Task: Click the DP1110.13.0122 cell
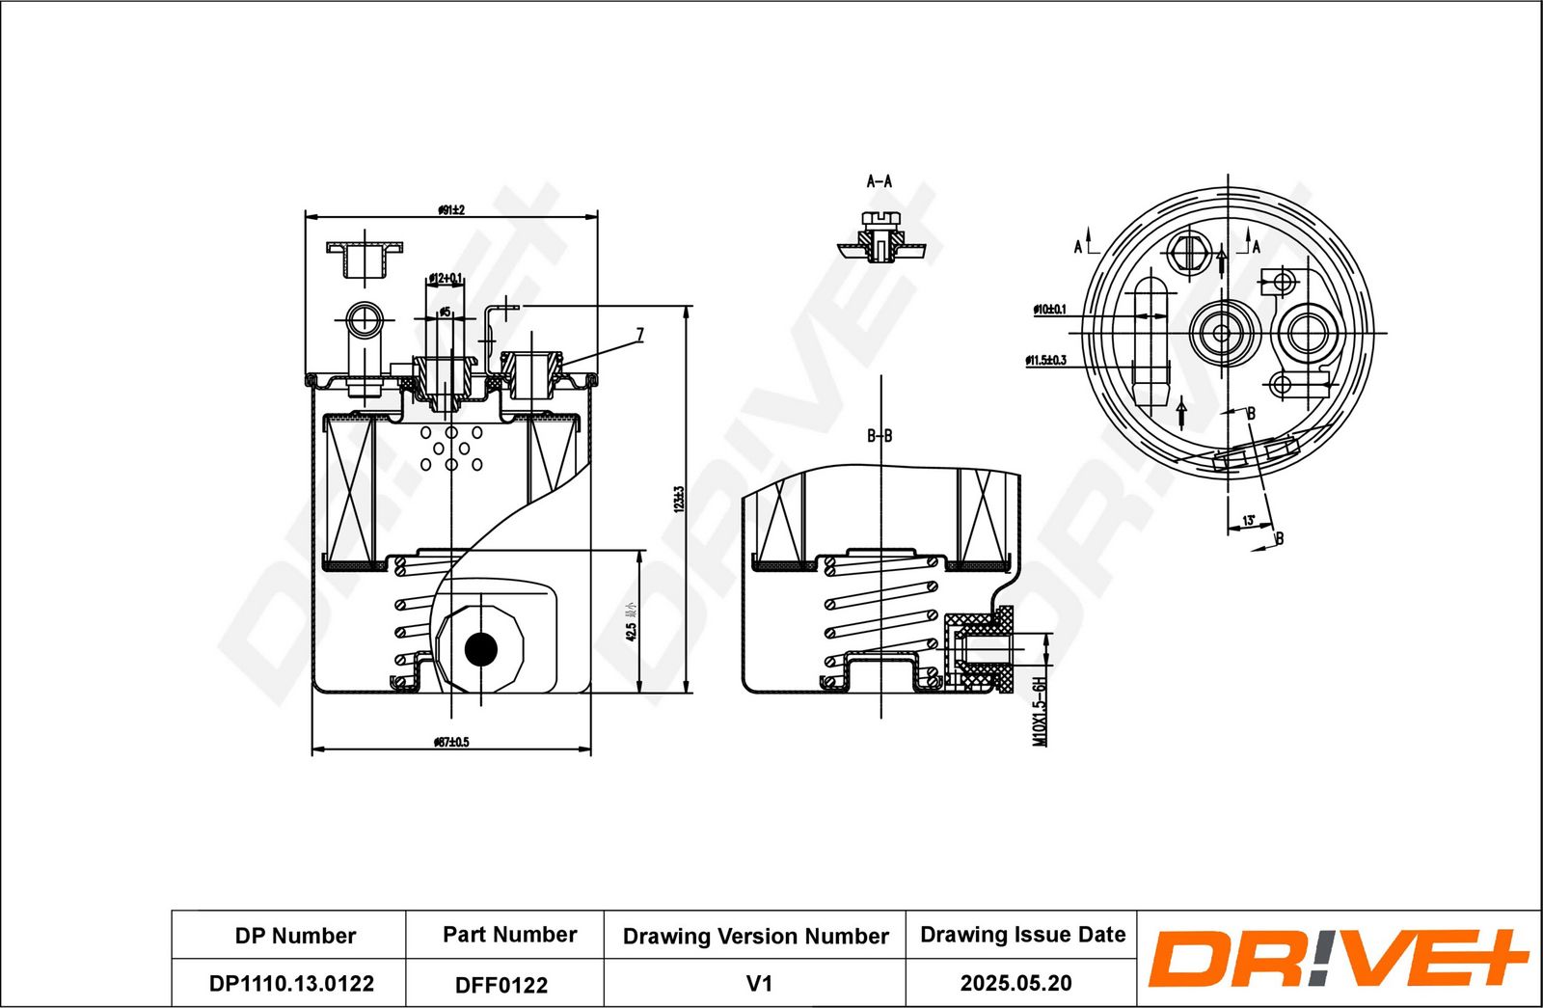click(x=291, y=984)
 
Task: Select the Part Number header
click(x=509, y=935)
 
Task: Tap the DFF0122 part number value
click(x=501, y=985)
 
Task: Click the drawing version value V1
click(x=759, y=984)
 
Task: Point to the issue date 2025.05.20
click(x=1015, y=984)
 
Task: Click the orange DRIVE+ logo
click(x=1338, y=959)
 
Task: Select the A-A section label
click(x=880, y=181)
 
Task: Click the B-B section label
click(x=880, y=436)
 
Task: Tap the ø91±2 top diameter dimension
click(x=450, y=209)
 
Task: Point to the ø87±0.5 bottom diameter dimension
click(x=450, y=742)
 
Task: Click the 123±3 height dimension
click(x=678, y=499)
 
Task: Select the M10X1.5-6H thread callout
click(x=1040, y=712)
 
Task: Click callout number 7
click(x=639, y=335)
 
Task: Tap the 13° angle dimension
click(x=1249, y=521)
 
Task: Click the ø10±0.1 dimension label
click(x=1049, y=310)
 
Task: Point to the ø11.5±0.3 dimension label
click(x=1045, y=360)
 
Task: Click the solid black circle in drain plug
click(x=480, y=649)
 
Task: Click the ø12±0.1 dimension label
click(x=445, y=279)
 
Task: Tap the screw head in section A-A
click(x=880, y=217)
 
